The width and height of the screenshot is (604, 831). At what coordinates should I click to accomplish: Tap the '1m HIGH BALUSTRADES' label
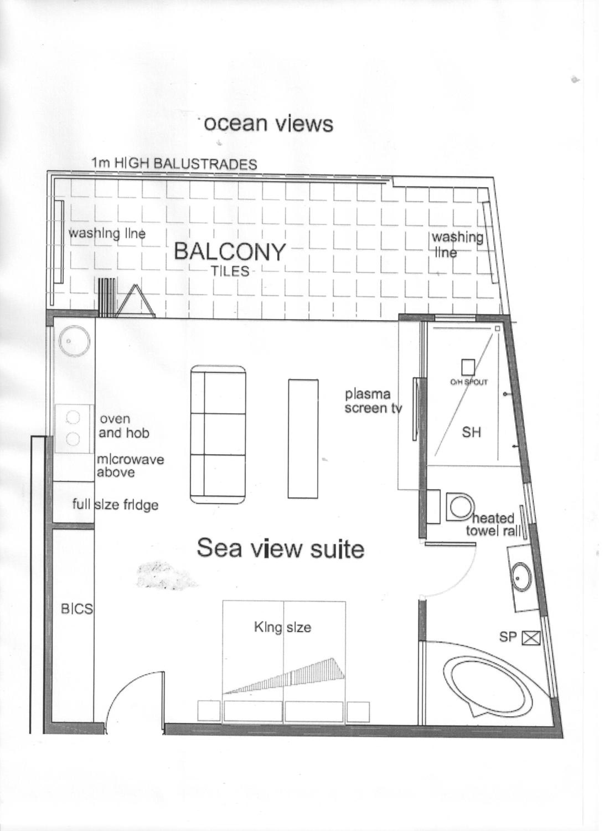pos(174,163)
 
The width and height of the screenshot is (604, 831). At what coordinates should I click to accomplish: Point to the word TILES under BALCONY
pos(230,271)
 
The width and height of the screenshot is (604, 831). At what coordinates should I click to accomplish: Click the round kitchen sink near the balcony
pos(75,341)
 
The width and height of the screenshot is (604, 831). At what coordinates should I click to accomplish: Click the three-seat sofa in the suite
pos(218,435)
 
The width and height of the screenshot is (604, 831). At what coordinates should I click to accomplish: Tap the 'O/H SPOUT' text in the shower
pos(469,382)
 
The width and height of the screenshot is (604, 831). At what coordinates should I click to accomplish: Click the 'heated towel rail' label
pos(494,524)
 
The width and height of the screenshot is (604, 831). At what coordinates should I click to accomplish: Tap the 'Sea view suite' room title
pos(280,548)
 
